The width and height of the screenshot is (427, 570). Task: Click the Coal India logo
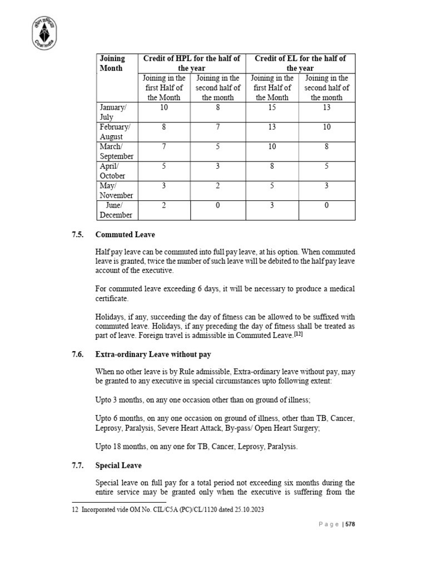47,33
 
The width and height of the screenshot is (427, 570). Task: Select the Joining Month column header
112,63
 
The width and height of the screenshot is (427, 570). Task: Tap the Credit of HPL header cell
192,63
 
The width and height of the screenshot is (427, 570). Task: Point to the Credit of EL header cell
300,63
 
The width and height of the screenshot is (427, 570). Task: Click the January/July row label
113,112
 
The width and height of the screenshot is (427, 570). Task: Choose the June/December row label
116,210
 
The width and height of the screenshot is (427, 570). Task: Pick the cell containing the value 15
271,107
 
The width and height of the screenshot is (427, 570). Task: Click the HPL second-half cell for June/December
218,205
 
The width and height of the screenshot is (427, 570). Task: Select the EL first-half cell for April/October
271,166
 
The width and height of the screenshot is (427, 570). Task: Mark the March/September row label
116,151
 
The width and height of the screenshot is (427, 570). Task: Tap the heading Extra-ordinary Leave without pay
153,355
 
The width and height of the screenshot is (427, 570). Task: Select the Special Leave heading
118,465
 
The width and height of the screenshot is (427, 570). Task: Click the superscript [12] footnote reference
298,334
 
